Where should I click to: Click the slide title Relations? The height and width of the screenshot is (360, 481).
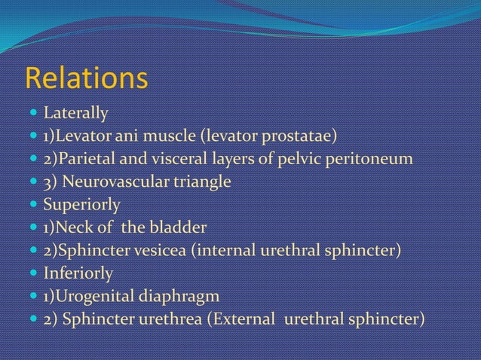click(x=87, y=78)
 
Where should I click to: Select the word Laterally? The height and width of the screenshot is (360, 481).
click(x=75, y=114)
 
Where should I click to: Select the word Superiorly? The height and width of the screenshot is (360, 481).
click(x=81, y=204)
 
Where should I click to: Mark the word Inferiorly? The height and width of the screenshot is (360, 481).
click(x=78, y=272)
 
